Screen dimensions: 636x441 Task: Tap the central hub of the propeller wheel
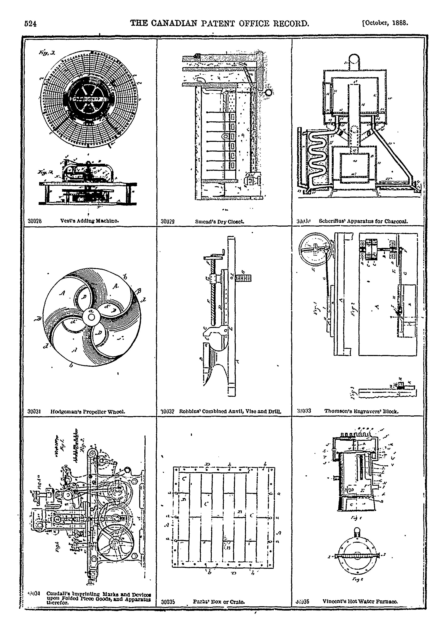(x=91, y=317)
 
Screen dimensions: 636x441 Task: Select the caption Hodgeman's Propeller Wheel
(x=88, y=411)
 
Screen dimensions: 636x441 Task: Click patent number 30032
(x=168, y=411)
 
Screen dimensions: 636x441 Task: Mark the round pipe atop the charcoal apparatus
(x=354, y=59)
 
